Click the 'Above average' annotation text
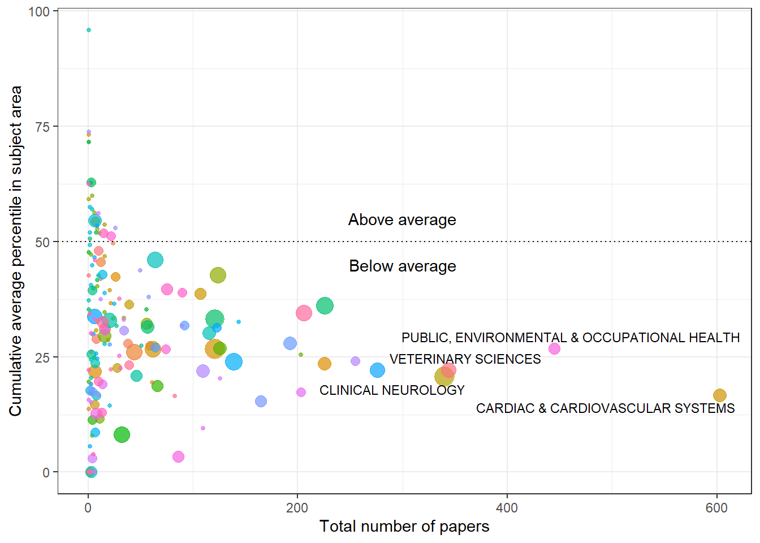(402, 220)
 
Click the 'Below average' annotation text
(402, 266)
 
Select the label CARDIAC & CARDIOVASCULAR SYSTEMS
(605, 408)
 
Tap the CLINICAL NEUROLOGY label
(392, 390)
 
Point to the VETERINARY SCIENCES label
(465, 359)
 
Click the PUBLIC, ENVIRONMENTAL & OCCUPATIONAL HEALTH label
(571, 338)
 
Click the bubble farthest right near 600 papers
(719, 395)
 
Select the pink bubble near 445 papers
(554, 349)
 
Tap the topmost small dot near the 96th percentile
(89, 30)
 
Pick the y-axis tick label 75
(42, 127)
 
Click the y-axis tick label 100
(39, 11)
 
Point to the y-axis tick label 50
(42, 242)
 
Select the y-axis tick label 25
(42, 357)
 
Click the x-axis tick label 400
(507, 508)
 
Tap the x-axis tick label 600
(716, 508)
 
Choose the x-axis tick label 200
(297, 508)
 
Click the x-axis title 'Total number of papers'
(404, 527)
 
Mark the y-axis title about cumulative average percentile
(15, 251)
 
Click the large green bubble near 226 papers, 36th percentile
(325, 306)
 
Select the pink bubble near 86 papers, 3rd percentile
(178, 456)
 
